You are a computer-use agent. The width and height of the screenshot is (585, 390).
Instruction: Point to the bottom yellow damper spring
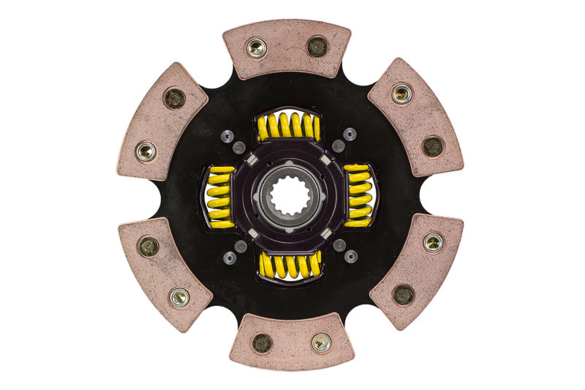[x=290, y=264]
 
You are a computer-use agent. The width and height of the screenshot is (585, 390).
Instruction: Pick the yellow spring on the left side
[x=220, y=196]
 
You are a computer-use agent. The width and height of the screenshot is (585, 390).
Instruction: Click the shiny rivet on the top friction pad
[x=256, y=48]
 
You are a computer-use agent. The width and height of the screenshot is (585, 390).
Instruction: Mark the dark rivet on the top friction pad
[x=317, y=46]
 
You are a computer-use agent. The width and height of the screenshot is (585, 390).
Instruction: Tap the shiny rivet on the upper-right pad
[x=401, y=93]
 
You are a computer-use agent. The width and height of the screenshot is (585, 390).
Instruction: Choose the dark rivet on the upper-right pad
[x=432, y=146]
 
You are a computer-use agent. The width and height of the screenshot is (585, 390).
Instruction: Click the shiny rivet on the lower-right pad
[x=433, y=242]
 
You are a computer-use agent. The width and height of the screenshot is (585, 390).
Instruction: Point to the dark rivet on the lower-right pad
[x=403, y=294]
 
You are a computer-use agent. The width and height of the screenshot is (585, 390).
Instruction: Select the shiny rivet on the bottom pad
[x=321, y=342]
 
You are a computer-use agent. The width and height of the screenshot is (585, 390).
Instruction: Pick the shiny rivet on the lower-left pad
[x=178, y=296]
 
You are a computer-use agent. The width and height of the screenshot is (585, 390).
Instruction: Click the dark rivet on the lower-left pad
[x=148, y=246]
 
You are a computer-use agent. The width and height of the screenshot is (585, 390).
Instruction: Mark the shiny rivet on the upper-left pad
[x=146, y=151]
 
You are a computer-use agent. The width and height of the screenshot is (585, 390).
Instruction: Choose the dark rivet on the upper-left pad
[x=175, y=98]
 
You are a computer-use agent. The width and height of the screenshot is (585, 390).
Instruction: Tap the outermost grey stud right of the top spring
[x=350, y=135]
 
